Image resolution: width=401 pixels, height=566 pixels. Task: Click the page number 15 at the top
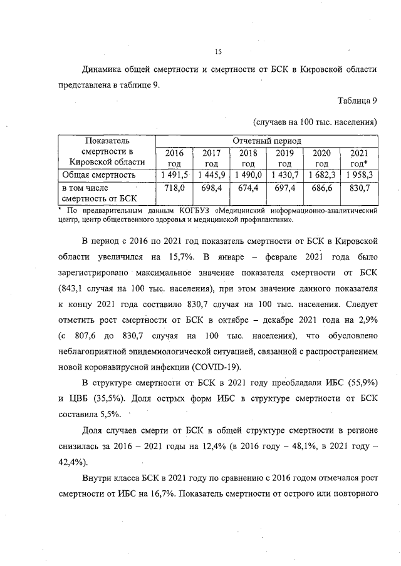[x=219, y=52]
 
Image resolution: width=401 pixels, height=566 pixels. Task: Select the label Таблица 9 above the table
[x=357, y=101]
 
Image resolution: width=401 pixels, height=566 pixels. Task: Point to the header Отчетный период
[x=266, y=141]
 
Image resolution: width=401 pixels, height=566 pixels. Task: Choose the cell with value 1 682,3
[x=321, y=174]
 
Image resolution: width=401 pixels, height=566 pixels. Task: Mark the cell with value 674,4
[x=248, y=188]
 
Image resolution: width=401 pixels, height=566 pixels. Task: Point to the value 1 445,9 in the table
[x=211, y=174]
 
